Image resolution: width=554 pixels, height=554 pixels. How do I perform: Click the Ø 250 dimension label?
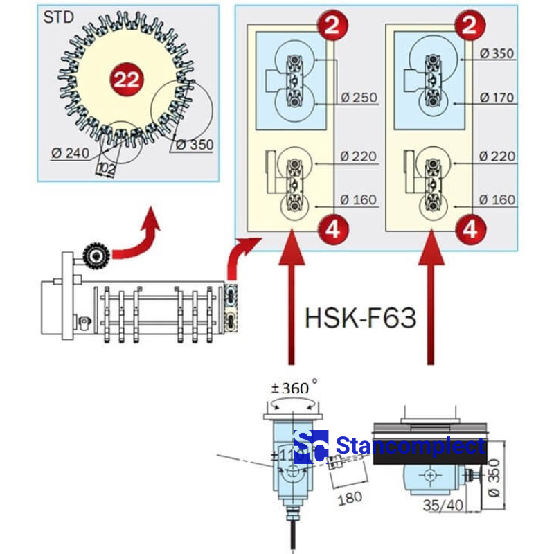(x=359, y=98)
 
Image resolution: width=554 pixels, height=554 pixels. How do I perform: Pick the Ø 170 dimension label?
(x=497, y=98)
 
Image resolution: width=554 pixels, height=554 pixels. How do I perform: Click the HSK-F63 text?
(x=360, y=318)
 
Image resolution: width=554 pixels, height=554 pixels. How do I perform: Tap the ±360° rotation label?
(x=294, y=388)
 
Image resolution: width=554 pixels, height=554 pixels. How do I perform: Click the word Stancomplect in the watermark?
(x=410, y=447)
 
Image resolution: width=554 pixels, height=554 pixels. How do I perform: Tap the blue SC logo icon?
(x=310, y=447)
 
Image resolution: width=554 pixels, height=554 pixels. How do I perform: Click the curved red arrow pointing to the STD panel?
(x=138, y=239)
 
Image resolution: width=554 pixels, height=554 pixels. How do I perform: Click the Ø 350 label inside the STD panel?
(x=195, y=145)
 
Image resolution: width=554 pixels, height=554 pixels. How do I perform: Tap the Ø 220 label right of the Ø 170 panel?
(x=497, y=157)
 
